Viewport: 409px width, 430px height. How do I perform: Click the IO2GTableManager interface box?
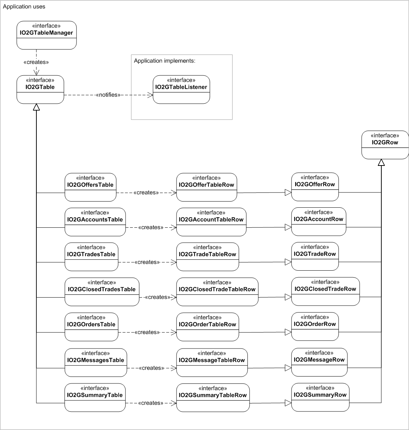pyautogui.click(x=47, y=35)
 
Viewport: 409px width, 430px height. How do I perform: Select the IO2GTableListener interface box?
pyautogui.click(x=181, y=89)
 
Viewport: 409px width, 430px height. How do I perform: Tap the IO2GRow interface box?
pyautogui.click(x=385, y=145)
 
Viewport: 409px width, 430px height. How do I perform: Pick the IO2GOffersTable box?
pyautogui.click(x=91, y=187)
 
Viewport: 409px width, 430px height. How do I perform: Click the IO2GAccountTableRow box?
pyautogui.click(x=211, y=222)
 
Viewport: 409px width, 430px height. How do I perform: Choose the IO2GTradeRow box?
pyautogui.click(x=315, y=256)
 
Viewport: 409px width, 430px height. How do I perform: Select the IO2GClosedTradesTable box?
pyautogui.click(x=102, y=292)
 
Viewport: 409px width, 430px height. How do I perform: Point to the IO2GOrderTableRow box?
pyautogui.click(x=208, y=327)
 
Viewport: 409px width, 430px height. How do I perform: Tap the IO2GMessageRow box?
pyautogui.click(x=319, y=362)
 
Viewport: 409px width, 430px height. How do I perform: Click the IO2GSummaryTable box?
pyautogui.click(x=95, y=397)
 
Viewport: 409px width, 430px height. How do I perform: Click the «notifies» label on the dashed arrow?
pyautogui.click(x=108, y=95)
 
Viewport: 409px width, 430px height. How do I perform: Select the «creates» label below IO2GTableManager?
pyautogui.click(x=36, y=62)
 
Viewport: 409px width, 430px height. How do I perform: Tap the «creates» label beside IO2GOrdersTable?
pyautogui.click(x=147, y=333)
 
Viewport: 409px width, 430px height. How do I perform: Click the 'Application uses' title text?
pyautogui.click(x=24, y=7)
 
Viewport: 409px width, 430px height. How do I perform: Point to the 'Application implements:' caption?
pyautogui.click(x=164, y=61)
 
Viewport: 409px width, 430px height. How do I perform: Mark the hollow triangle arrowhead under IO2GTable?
pyautogui.click(x=36, y=107)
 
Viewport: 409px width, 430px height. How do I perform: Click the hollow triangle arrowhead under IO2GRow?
pyautogui.click(x=381, y=162)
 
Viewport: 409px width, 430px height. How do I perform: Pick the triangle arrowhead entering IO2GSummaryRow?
pyautogui.click(x=288, y=403)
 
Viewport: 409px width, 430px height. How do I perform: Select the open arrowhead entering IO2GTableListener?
pyautogui.click(x=150, y=95)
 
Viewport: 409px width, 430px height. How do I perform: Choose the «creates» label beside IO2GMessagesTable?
pyautogui.click(x=151, y=368)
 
